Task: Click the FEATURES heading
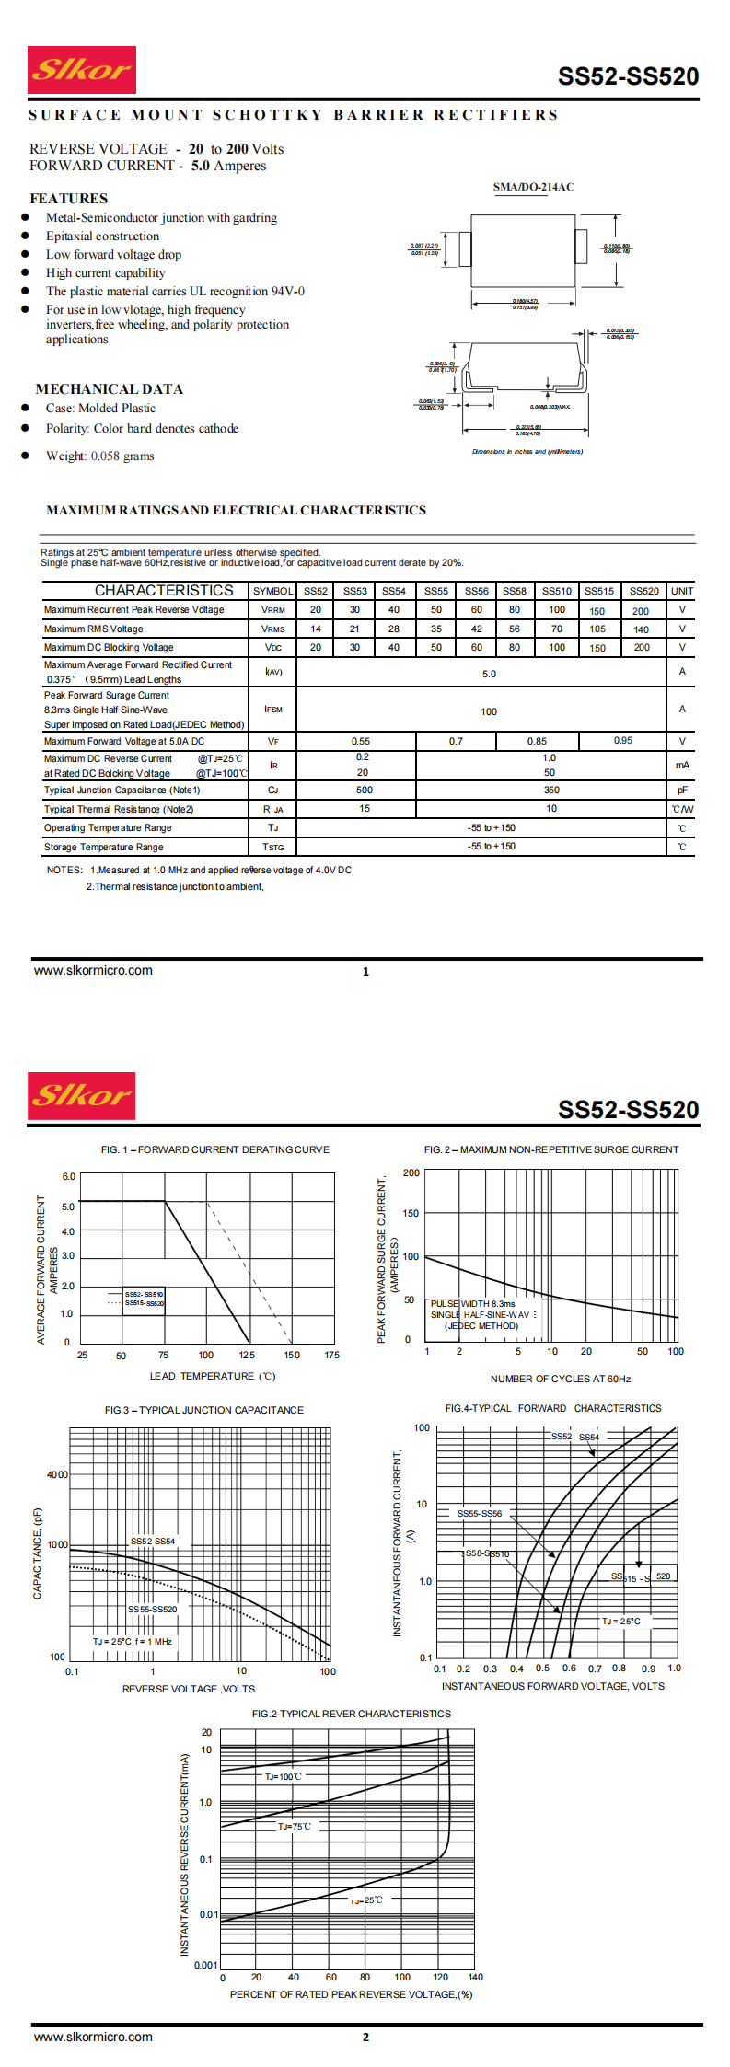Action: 69,199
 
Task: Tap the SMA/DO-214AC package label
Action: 533,187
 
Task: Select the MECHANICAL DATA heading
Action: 110,389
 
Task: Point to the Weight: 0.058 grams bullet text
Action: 100,456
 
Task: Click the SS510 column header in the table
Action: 557,591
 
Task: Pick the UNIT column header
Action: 682,591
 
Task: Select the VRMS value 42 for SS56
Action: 477,629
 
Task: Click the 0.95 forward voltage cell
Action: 623,741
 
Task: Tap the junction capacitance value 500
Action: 365,790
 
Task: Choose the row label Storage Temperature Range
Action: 104,847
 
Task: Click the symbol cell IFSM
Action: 273,710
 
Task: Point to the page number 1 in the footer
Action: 365,971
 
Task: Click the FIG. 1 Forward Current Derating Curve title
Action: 215,1149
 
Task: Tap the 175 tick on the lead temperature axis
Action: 332,1355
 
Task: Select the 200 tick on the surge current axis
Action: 411,1172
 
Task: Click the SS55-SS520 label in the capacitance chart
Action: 153,1610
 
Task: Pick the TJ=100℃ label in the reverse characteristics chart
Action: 284,1776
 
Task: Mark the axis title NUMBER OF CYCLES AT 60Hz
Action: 561,1379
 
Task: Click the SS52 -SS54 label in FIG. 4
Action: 575,1437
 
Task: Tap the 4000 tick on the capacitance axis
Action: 57,1474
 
